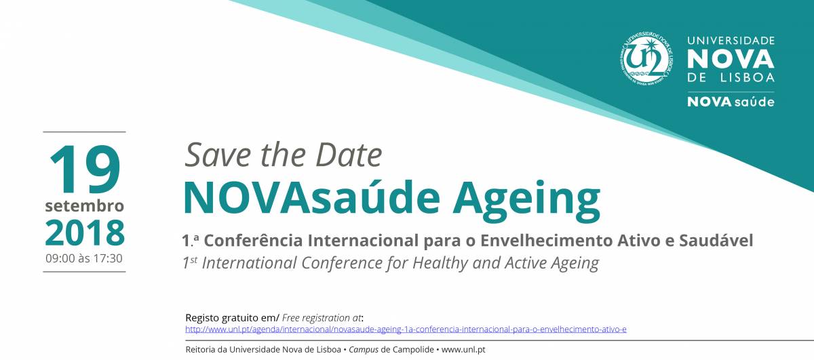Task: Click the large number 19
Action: tap(85, 169)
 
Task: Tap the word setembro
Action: tap(85, 206)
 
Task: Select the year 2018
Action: tap(85, 233)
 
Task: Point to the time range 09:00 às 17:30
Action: tap(84, 258)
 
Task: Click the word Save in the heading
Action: tap(218, 155)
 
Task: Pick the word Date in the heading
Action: tap(349, 155)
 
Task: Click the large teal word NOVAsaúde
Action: tap(311, 198)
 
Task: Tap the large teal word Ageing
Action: tap(526, 201)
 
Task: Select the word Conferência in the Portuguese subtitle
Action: tap(253, 241)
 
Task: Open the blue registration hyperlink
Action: tap(406, 329)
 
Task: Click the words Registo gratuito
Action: tap(222, 318)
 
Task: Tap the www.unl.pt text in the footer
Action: tap(463, 350)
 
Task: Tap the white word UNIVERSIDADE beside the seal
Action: tap(731, 41)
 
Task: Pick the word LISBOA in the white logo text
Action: tap(747, 77)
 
